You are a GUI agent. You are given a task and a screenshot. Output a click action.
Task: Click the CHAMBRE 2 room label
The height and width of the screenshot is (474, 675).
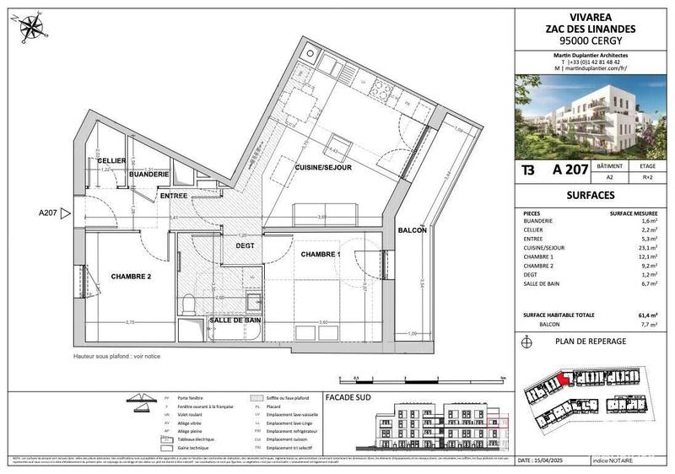pyautogui.click(x=130, y=276)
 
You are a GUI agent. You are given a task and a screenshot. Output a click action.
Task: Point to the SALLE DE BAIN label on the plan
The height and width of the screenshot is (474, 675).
pyautogui.click(x=233, y=320)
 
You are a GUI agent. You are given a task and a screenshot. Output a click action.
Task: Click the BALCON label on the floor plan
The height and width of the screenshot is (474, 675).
pyautogui.click(x=413, y=230)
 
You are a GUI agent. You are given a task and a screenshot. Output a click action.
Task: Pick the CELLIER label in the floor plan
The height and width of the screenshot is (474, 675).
pyautogui.click(x=111, y=160)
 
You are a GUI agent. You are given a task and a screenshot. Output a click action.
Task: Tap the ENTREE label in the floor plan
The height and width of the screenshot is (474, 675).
pyautogui.click(x=174, y=195)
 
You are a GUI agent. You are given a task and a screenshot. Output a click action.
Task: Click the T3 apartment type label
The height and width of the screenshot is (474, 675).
pyautogui.click(x=528, y=170)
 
